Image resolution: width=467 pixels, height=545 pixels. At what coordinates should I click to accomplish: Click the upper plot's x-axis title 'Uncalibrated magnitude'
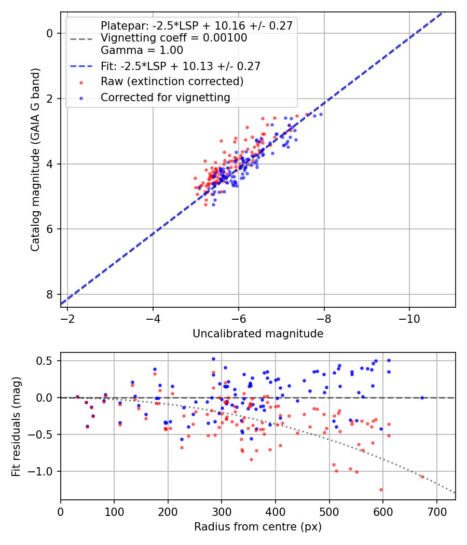258,334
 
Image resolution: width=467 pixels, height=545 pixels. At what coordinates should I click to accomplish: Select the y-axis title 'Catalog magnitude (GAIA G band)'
35,159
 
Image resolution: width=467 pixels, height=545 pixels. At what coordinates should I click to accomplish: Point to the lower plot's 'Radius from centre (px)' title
258,527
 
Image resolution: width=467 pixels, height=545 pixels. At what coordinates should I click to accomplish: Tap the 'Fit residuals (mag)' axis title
16,426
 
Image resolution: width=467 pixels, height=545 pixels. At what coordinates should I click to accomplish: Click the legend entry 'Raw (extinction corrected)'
172,81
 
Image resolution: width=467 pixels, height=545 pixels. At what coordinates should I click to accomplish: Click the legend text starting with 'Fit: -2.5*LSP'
180,66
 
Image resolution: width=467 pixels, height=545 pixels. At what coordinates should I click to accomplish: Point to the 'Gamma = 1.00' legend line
142,50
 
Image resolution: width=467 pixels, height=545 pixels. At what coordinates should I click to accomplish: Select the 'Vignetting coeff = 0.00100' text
173,38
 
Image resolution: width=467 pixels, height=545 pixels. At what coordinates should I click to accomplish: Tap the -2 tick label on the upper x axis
67,317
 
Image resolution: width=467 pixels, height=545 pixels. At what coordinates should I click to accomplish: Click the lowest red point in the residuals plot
381,489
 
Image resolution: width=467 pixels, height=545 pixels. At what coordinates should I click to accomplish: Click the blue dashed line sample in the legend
80,66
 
